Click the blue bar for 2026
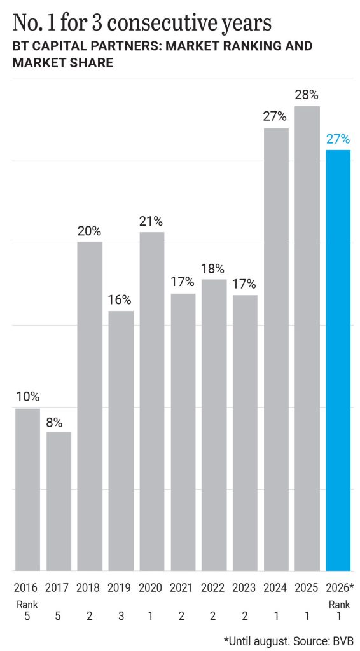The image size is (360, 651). (x=338, y=360)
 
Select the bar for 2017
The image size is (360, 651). (x=59, y=502)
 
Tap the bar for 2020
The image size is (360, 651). (x=152, y=402)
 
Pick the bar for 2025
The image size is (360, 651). (x=307, y=338)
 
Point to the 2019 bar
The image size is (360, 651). (x=121, y=441)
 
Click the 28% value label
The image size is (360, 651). (x=307, y=95)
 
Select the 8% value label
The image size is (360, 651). (x=54, y=423)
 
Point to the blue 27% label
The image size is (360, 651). (x=338, y=139)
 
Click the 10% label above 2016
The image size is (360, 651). (x=28, y=397)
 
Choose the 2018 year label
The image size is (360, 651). (x=88, y=588)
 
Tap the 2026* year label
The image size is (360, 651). (x=340, y=588)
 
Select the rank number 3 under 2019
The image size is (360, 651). (x=121, y=617)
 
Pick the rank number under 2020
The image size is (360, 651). (x=151, y=617)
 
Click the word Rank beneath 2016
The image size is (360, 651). (x=25, y=605)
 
